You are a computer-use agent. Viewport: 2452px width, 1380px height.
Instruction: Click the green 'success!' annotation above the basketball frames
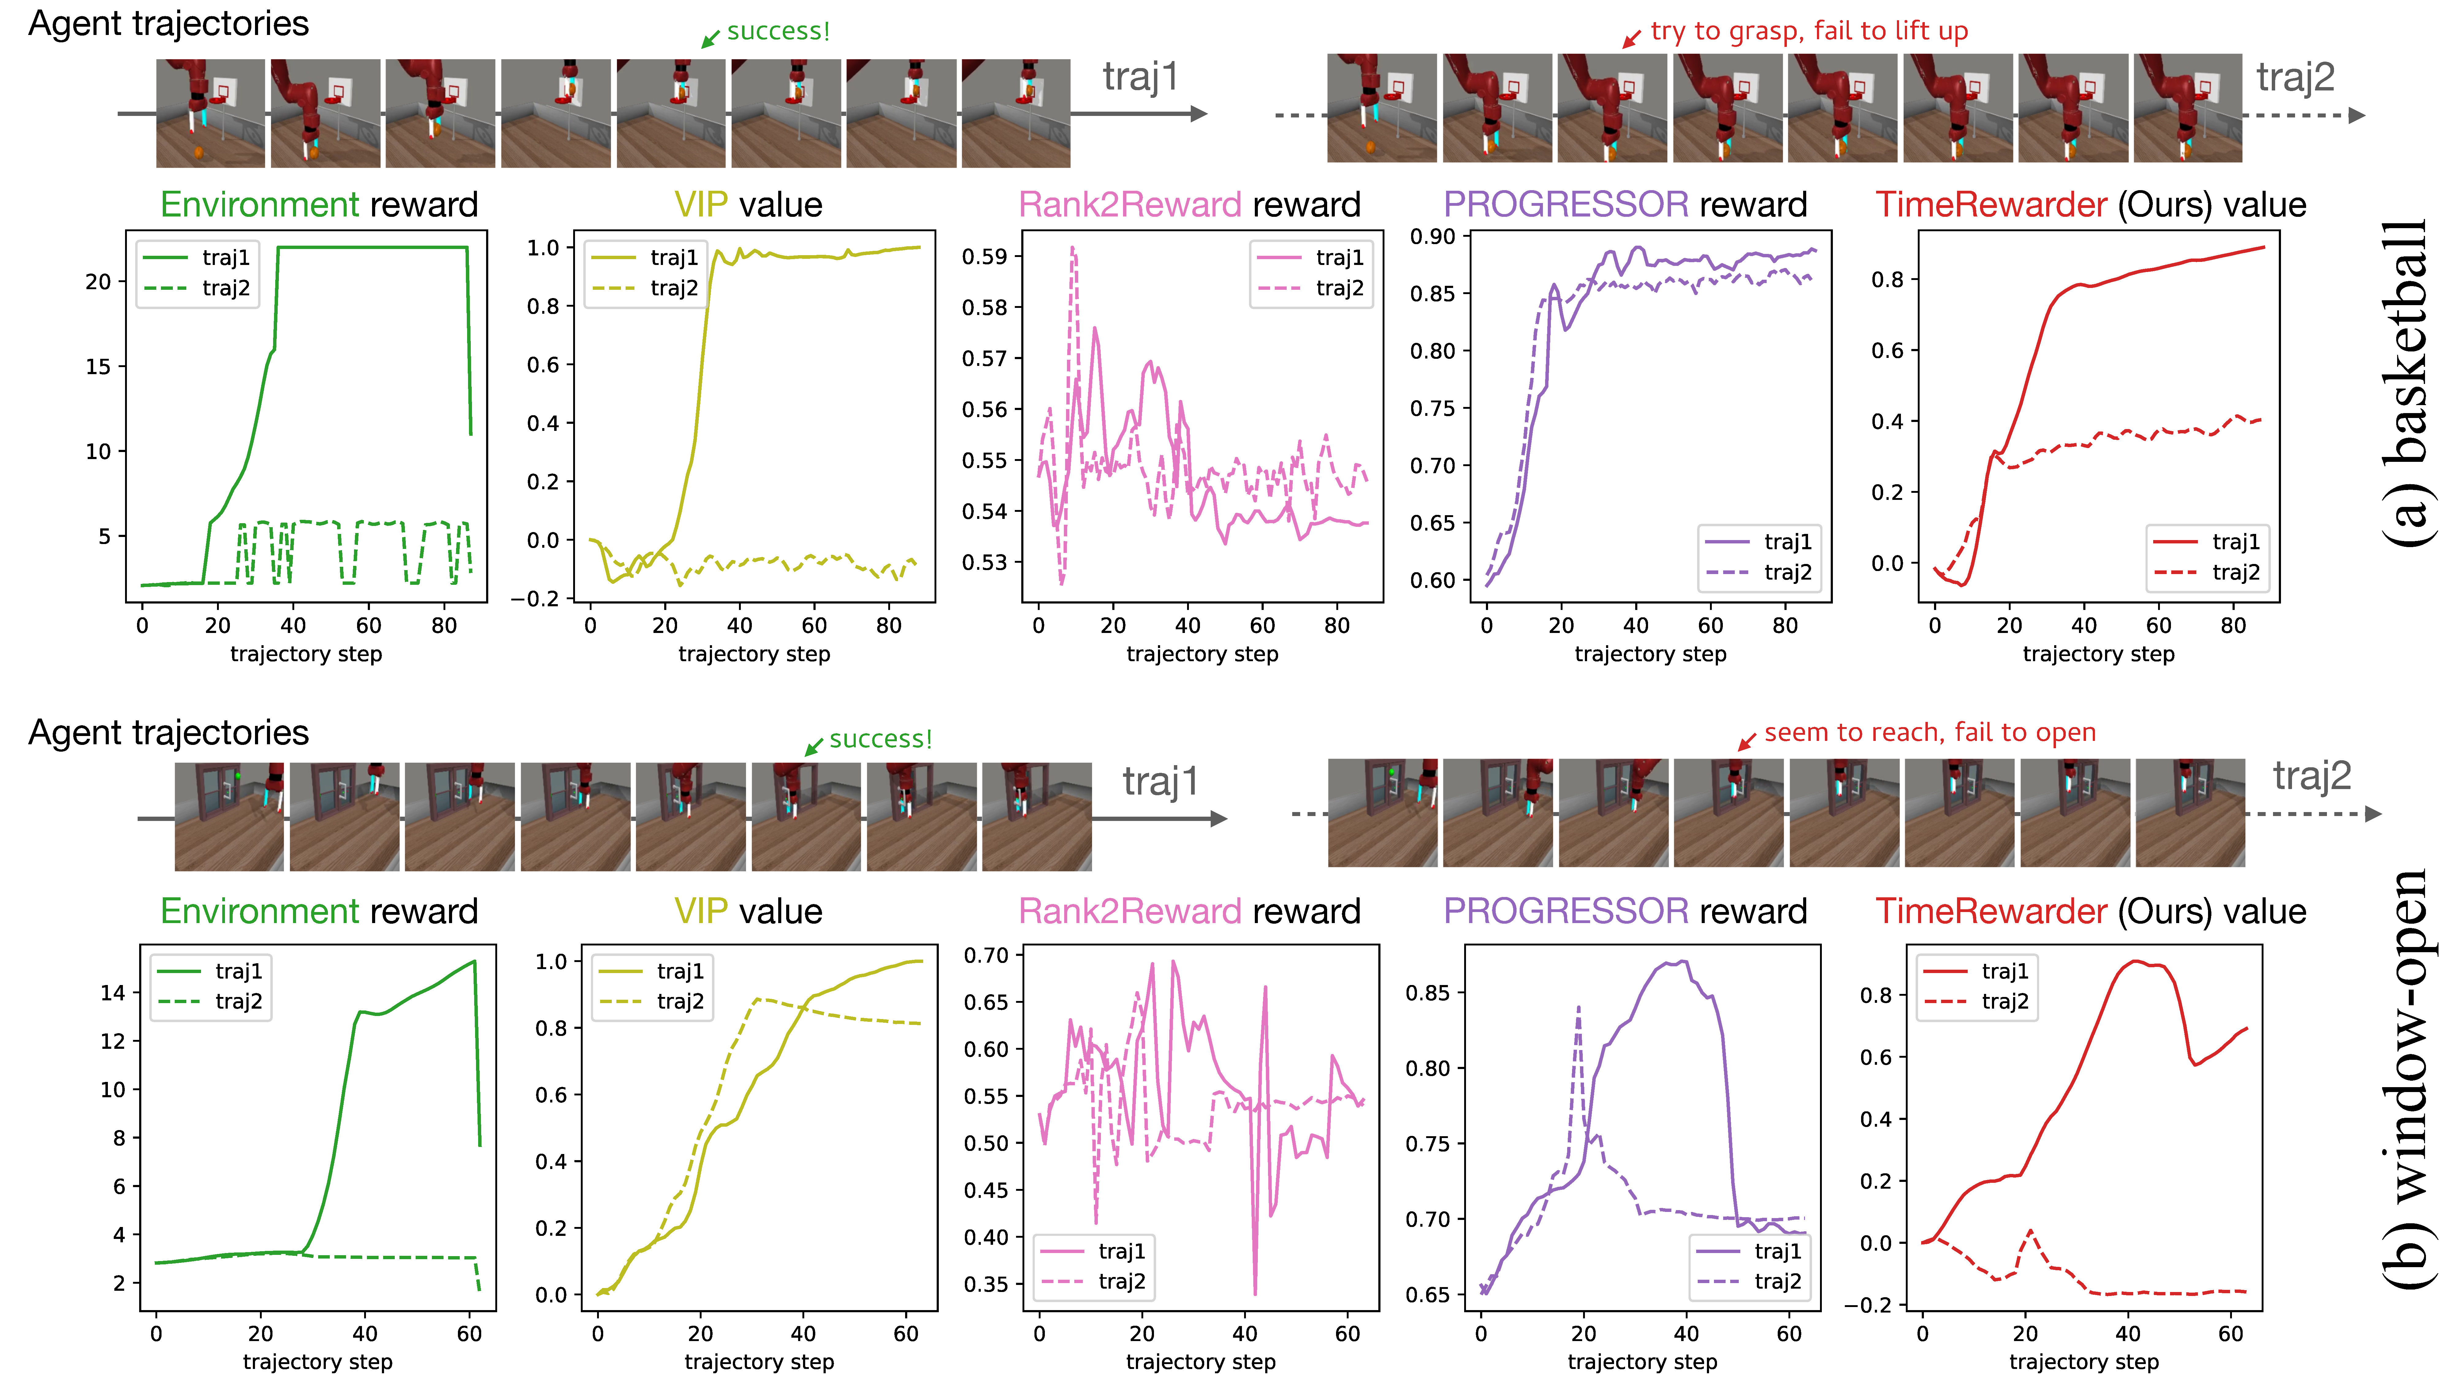coord(778,31)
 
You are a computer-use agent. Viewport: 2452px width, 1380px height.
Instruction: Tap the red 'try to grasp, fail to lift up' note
coord(1809,31)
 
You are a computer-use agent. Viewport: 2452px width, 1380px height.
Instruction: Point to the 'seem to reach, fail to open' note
coord(1929,732)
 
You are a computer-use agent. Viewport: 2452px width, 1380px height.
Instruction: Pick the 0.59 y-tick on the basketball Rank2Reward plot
coord(984,256)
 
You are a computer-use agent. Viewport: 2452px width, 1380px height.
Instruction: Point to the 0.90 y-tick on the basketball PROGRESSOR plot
coord(1433,236)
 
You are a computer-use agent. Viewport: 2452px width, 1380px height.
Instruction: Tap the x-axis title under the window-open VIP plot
coord(759,1362)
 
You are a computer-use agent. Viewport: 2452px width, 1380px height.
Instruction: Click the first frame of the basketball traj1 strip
coord(210,113)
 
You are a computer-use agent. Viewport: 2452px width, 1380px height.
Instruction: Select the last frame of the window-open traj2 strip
coord(2189,812)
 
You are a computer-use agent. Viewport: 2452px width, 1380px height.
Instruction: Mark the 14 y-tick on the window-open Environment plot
coord(113,992)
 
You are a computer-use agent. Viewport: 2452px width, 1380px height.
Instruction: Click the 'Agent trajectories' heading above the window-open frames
coord(169,732)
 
